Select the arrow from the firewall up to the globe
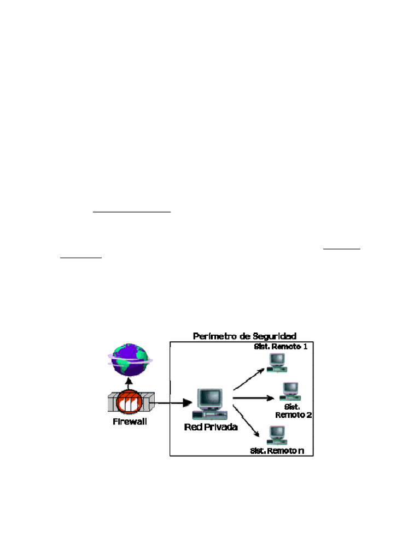pyautogui.click(x=129, y=384)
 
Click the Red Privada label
pyautogui.click(x=211, y=427)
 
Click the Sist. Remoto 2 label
pyautogui.click(x=293, y=411)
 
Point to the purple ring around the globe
pyautogui.click(x=112, y=357)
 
